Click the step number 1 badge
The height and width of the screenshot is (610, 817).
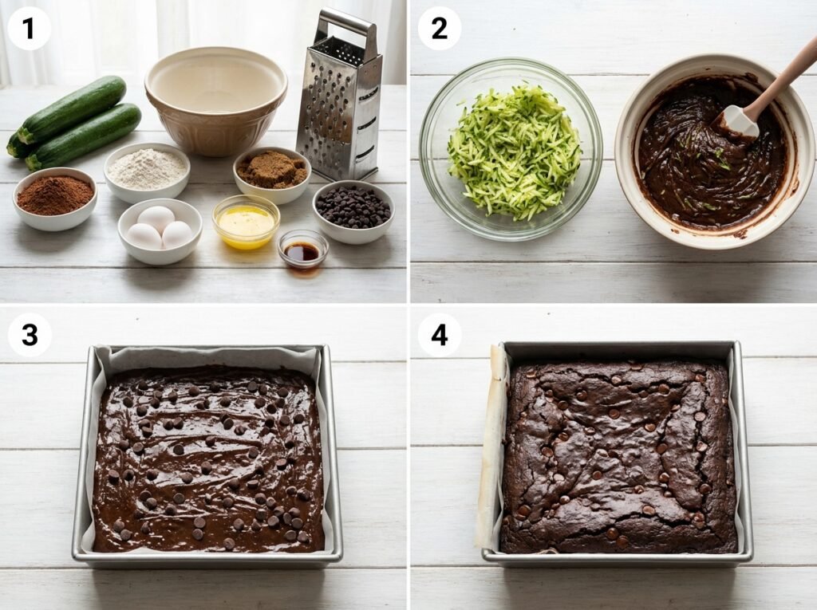click(30, 29)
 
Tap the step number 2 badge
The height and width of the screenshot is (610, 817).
click(440, 29)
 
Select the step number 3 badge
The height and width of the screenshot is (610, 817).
click(30, 335)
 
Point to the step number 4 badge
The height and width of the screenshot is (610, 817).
click(440, 335)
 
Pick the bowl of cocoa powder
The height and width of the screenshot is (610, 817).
click(55, 199)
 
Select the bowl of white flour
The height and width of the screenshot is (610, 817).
click(147, 172)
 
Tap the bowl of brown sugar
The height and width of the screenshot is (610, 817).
click(272, 175)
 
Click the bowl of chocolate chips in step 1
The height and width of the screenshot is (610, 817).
click(353, 211)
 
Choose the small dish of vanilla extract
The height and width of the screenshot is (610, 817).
click(302, 250)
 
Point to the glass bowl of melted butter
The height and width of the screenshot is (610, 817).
click(246, 222)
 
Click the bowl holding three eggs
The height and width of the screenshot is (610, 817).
click(160, 230)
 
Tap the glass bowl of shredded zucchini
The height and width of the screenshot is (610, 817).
click(511, 149)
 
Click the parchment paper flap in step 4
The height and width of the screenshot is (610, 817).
click(490, 448)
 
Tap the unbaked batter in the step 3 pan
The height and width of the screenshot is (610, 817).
click(207, 459)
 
